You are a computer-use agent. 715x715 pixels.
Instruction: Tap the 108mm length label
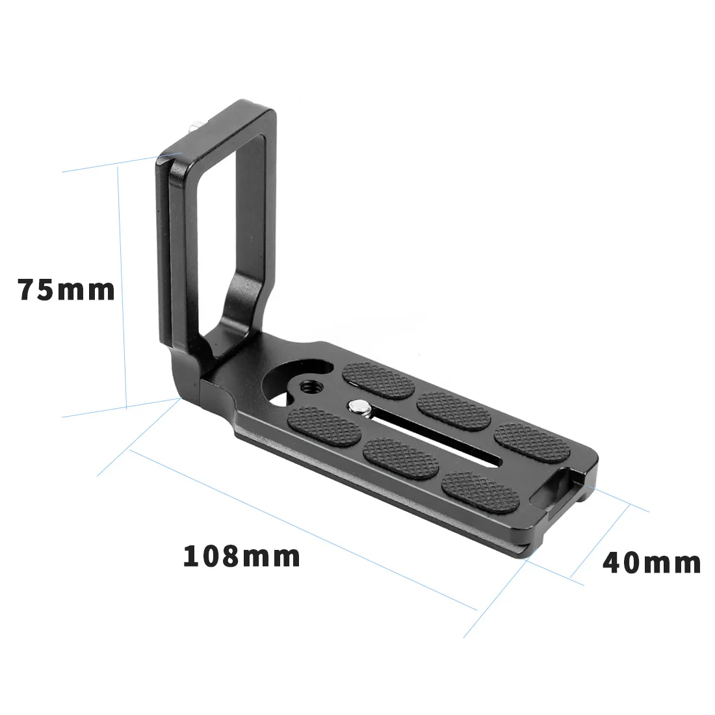(242, 556)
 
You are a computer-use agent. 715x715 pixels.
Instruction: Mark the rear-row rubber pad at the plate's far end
(526, 439)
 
